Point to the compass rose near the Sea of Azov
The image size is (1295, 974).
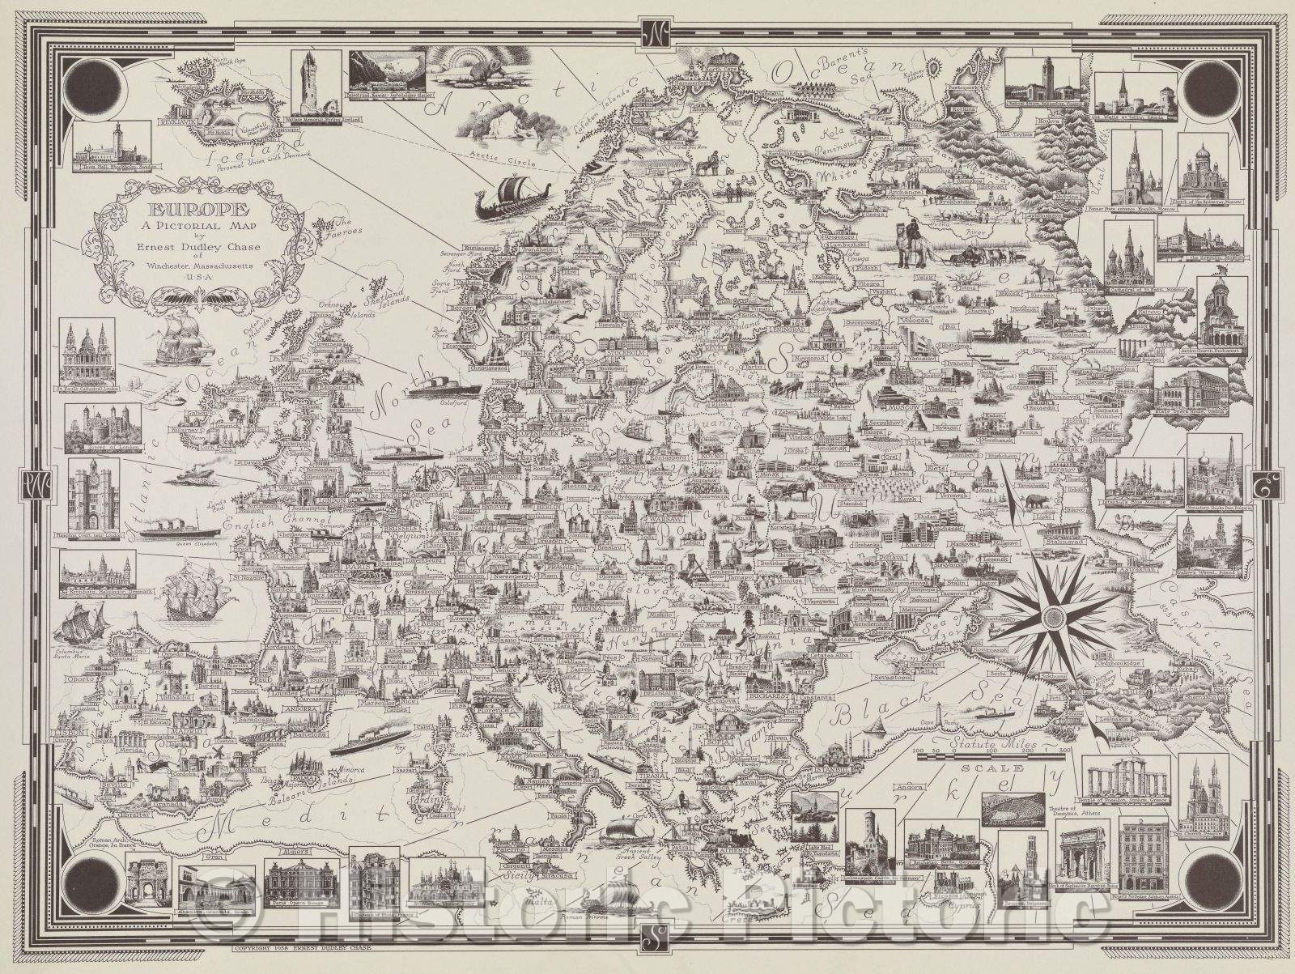pyautogui.click(x=1053, y=617)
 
